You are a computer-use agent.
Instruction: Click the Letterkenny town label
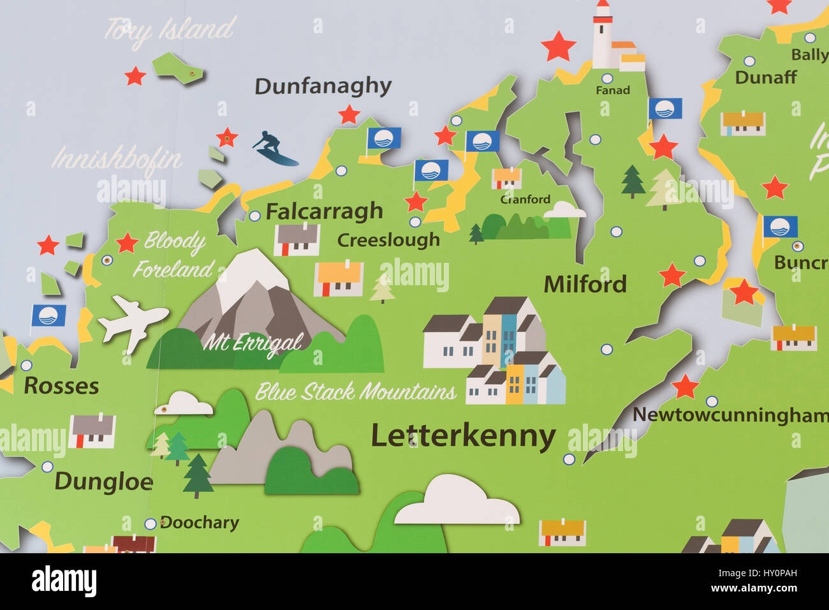pyautogui.click(x=463, y=437)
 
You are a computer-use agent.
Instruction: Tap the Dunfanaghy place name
pyautogui.click(x=323, y=86)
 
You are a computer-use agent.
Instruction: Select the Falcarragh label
pyautogui.click(x=324, y=211)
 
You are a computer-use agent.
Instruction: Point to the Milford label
pyautogui.click(x=585, y=285)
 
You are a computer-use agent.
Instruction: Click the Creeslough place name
pyautogui.click(x=388, y=240)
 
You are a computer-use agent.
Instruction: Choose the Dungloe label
pyautogui.click(x=103, y=482)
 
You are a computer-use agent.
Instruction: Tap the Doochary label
pyautogui.click(x=199, y=523)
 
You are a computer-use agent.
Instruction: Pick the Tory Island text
pyautogui.click(x=170, y=30)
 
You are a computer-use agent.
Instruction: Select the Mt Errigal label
pyautogui.click(x=253, y=343)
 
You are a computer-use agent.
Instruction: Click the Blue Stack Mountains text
pyautogui.click(x=356, y=391)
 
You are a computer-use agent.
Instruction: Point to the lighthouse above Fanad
pyautogui.click(x=603, y=37)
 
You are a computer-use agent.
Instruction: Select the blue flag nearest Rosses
pyautogui.click(x=48, y=316)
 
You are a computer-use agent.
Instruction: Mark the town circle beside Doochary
pyautogui.click(x=150, y=524)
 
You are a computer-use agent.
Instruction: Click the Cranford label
pyautogui.click(x=525, y=200)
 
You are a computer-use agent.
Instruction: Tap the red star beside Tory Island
pyautogui.click(x=135, y=77)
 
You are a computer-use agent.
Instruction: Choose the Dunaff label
pyautogui.click(x=765, y=78)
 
